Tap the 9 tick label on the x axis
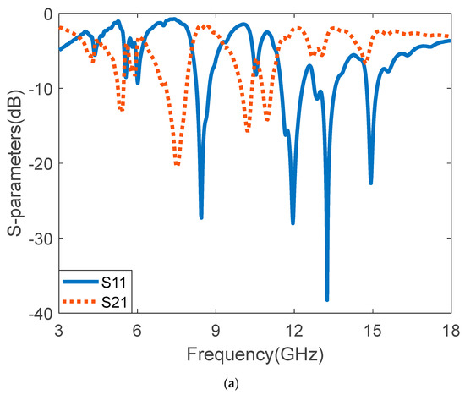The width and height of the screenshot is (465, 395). click(216, 328)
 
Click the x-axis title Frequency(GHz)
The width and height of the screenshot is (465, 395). click(254, 350)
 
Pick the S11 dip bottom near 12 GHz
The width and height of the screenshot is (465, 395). click(293, 222)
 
